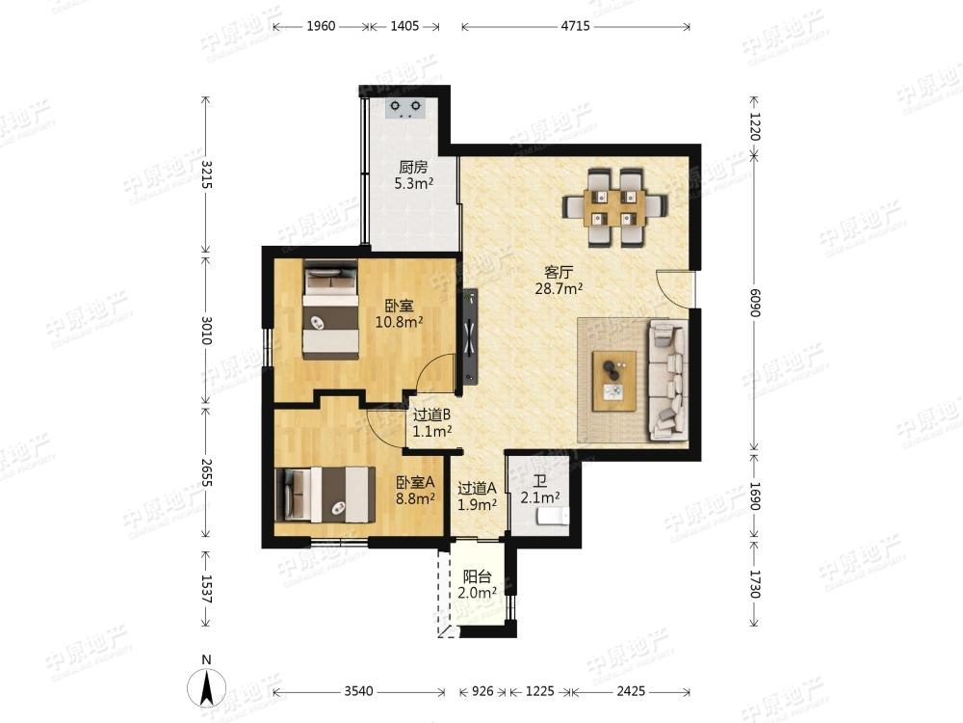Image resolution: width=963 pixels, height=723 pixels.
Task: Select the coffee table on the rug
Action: click(x=614, y=381)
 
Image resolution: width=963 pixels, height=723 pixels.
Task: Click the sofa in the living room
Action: click(x=667, y=379)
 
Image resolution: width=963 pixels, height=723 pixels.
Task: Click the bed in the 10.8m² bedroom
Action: click(x=330, y=309)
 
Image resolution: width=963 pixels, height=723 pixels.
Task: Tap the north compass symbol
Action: click(x=207, y=683)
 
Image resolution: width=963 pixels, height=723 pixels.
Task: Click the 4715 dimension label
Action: click(x=576, y=26)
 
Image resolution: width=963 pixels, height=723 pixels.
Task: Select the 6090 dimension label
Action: click(x=755, y=303)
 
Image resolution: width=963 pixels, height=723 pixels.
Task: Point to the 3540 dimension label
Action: click(x=358, y=691)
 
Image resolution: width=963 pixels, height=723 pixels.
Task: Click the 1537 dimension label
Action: click(x=206, y=589)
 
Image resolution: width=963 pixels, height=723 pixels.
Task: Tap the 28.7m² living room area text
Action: click(x=559, y=288)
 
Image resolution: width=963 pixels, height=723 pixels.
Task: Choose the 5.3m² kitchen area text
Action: click(x=414, y=183)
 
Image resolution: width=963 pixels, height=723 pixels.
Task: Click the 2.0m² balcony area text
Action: click(x=477, y=593)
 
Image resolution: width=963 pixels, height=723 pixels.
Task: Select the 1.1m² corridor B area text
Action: click(x=432, y=432)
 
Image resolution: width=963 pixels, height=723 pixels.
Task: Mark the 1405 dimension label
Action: click(x=404, y=26)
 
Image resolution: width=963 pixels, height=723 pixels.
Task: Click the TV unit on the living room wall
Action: click(x=470, y=335)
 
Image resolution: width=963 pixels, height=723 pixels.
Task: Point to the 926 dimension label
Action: click(x=482, y=691)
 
